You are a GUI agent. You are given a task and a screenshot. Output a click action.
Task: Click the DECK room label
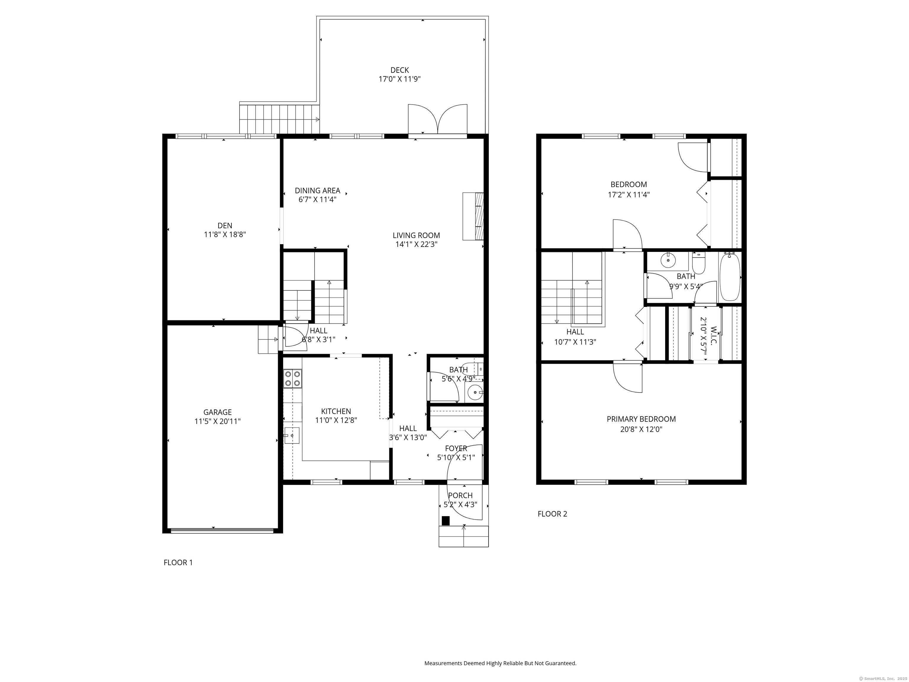tap(399, 70)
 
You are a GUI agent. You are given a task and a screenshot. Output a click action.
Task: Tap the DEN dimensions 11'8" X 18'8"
tap(225, 235)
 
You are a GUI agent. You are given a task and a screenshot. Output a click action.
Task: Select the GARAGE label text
tap(217, 412)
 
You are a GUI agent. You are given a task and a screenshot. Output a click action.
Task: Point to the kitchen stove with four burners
tap(292, 379)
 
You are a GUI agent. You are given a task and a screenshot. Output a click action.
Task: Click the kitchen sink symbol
tap(292, 435)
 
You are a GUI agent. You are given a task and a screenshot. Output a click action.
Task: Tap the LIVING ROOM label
tap(416, 236)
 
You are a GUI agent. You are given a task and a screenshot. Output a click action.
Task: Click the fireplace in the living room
tap(473, 216)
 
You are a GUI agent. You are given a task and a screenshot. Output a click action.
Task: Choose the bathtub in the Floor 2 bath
tap(730, 277)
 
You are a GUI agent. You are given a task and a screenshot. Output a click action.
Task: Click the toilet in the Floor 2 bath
tap(699, 263)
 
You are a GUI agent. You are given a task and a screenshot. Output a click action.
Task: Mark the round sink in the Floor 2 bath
tap(668, 260)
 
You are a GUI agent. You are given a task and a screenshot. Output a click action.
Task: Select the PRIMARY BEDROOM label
tap(641, 419)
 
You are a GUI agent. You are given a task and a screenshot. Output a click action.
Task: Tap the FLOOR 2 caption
tap(552, 514)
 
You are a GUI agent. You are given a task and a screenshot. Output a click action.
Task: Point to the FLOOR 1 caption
tap(178, 562)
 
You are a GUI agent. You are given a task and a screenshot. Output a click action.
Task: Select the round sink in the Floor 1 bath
tap(475, 393)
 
